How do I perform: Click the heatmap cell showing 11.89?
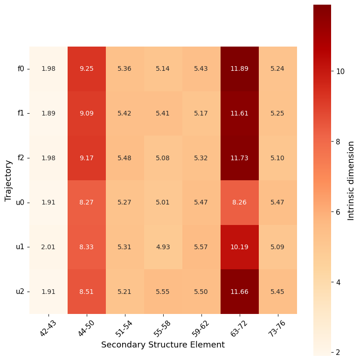point(240,69)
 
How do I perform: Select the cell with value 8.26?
point(240,203)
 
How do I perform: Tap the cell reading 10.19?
point(240,247)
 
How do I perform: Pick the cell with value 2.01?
point(48,247)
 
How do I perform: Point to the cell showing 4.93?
point(163,247)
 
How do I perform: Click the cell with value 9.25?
point(87,69)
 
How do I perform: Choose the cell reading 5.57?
point(201,247)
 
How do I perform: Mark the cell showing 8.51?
point(87,292)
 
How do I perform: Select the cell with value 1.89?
point(48,113)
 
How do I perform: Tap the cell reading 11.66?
point(240,292)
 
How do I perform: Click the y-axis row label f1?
point(21,113)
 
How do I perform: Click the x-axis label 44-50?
point(86,327)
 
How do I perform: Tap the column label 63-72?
point(239,327)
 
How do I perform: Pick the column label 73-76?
point(277,327)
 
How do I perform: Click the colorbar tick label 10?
point(340,71)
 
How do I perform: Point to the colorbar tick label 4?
point(339,282)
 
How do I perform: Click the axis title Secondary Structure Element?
point(163,345)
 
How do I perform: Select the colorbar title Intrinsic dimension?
point(351,180)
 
